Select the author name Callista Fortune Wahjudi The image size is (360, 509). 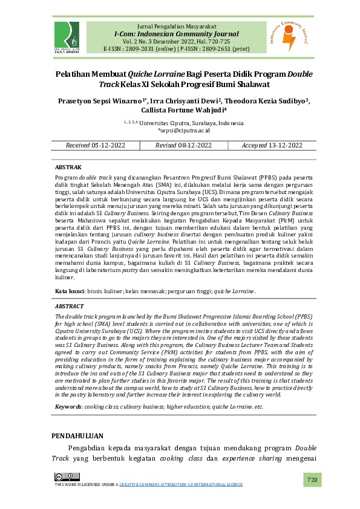[180, 110]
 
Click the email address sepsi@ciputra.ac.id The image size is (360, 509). [185, 130]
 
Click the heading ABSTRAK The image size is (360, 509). [68, 166]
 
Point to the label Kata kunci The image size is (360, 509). [70, 291]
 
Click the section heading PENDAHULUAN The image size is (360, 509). [77, 436]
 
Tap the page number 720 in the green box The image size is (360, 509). [312, 479]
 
